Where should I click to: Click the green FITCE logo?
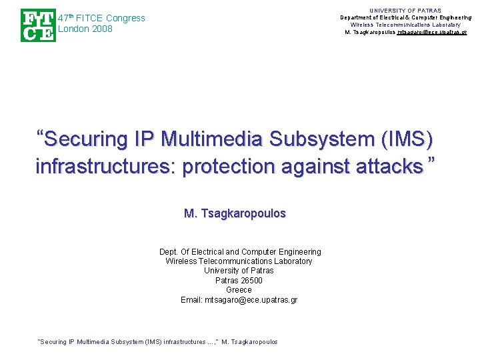[38, 25]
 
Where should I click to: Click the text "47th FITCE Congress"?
[101, 18]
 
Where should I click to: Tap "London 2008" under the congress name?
[85, 29]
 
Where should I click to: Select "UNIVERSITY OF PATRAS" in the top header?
[405, 11]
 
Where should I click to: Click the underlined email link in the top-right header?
[431, 33]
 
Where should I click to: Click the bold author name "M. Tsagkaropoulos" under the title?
[235, 213]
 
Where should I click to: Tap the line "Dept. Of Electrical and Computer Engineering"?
[240, 252]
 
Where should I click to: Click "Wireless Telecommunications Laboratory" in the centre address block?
[239, 261]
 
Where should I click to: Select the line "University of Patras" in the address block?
[239, 271]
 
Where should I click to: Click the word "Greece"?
[239, 290]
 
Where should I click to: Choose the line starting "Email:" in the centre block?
[239, 300]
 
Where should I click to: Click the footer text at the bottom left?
[158, 342]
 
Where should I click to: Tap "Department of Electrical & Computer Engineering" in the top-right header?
[405, 18]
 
